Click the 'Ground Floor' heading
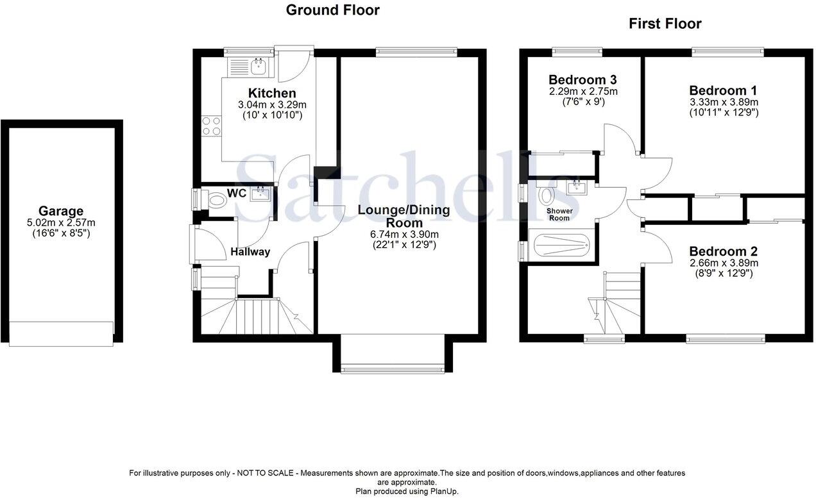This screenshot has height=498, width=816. (332, 10)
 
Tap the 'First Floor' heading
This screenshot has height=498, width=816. (665, 24)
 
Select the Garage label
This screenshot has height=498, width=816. (61, 211)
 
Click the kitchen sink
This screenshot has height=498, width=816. (260, 64)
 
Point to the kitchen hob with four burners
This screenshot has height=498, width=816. (212, 126)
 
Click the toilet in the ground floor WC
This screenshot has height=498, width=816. (217, 200)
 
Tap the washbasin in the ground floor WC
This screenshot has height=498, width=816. (260, 192)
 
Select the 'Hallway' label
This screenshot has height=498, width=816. (250, 252)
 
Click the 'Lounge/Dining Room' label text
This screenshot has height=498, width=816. (404, 216)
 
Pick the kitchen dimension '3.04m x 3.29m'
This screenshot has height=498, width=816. (272, 105)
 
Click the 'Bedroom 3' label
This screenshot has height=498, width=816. (582, 80)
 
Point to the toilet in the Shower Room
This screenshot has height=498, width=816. (547, 194)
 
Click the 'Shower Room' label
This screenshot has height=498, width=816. (558, 214)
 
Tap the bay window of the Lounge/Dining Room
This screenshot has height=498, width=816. (392, 369)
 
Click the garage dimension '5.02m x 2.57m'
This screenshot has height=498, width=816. (61, 222)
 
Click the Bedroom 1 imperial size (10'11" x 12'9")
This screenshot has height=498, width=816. (724, 112)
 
